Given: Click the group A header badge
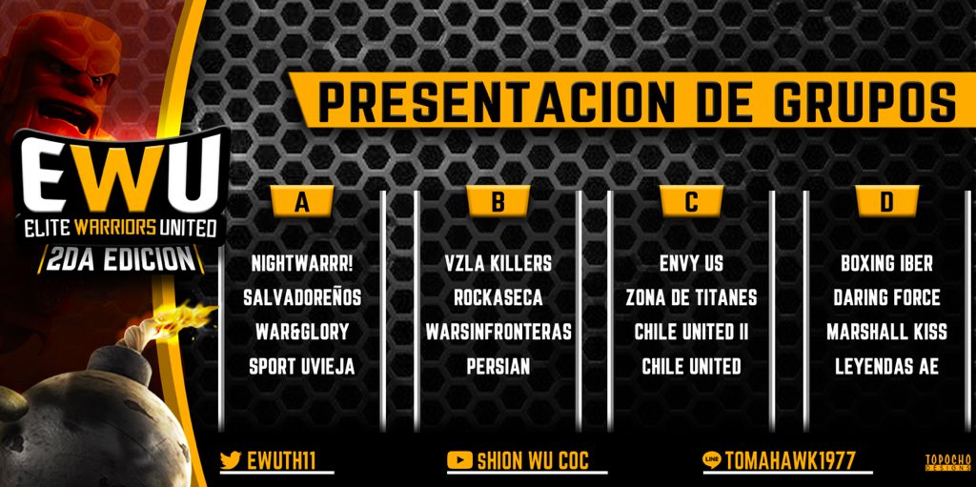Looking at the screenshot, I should coord(302,201).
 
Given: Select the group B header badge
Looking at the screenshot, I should coord(498,201).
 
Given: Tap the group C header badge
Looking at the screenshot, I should coord(691,201).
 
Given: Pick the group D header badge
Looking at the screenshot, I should coord(886,201).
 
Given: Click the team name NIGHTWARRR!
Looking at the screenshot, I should coord(302,263).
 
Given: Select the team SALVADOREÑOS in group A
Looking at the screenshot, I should coord(302,297).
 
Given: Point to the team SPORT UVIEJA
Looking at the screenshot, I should coord(302,366).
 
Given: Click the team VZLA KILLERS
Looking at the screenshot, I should coord(498,263).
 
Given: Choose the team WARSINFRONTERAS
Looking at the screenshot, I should coord(498,332).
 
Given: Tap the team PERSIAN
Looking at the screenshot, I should coord(498,366).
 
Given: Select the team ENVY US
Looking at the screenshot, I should coord(691,263).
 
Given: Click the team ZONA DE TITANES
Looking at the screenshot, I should coord(691,297).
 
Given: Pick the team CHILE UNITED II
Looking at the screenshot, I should coord(691,332).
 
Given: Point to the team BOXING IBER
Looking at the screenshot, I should coord(886,263).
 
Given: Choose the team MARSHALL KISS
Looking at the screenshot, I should coord(886,332).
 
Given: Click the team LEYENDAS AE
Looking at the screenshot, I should coord(886,366).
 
